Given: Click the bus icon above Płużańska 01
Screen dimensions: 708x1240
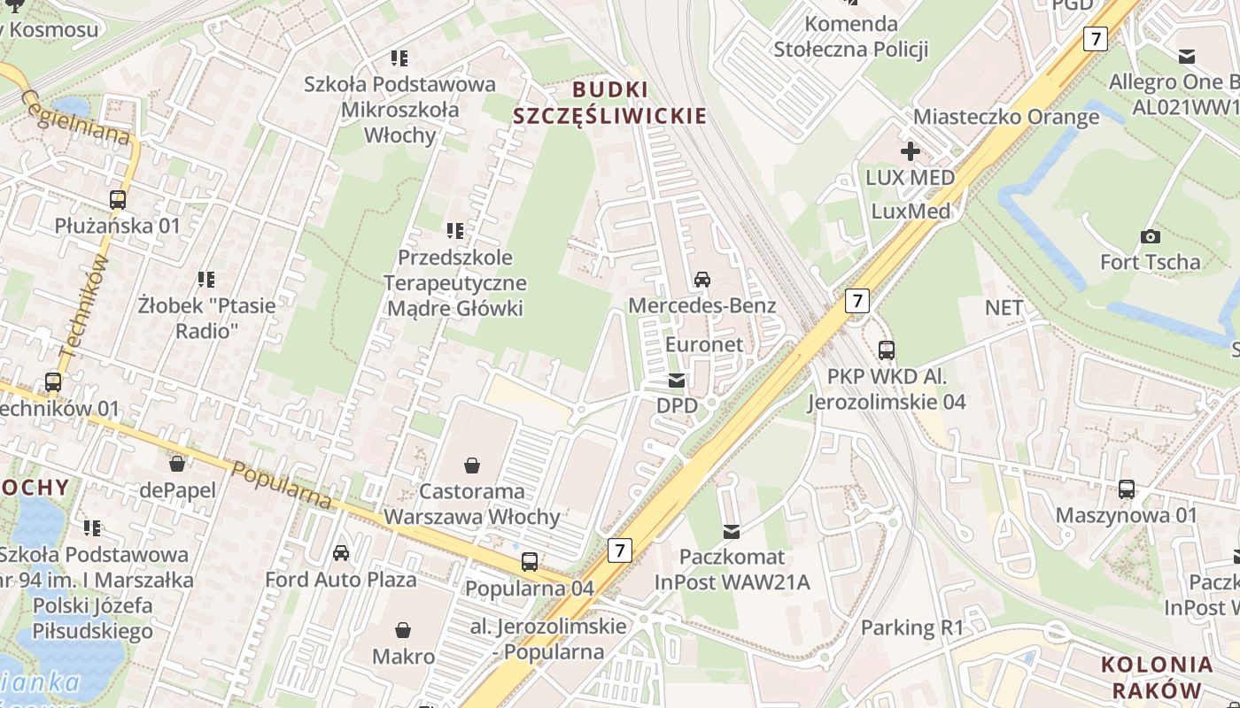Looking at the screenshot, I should click(118, 200).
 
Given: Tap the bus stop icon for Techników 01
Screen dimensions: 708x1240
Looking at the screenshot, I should click(53, 383).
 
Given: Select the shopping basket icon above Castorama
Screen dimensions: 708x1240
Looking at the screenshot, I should click(472, 466).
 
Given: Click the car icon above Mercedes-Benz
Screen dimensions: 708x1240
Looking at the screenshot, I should click(702, 280).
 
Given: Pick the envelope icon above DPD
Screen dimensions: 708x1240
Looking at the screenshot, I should click(677, 381).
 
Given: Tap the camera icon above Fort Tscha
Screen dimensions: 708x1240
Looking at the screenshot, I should click(1151, 236).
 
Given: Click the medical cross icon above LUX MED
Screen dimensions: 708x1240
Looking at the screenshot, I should click(910, 151).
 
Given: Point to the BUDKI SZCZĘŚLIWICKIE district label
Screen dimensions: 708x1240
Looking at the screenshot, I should click(610, 103).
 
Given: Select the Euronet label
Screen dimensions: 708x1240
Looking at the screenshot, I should click(704, 344).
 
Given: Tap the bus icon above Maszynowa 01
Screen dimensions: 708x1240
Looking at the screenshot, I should click(1127, 489).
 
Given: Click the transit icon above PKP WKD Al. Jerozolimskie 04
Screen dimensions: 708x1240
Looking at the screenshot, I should click(886, 350).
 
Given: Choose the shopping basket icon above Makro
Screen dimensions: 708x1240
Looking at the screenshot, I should click(404, 630).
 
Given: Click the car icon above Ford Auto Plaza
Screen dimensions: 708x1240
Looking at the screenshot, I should click(341, 554).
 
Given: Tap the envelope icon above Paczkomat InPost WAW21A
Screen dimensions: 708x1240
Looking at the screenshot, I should click(732, 531).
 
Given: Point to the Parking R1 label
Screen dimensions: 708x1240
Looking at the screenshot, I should click(911, 628).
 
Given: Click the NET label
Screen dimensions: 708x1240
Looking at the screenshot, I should click(1004, 308).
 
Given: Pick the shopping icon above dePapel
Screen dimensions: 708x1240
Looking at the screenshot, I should click(177, 464).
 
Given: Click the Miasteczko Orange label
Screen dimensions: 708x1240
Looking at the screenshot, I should click(1005, 117).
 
